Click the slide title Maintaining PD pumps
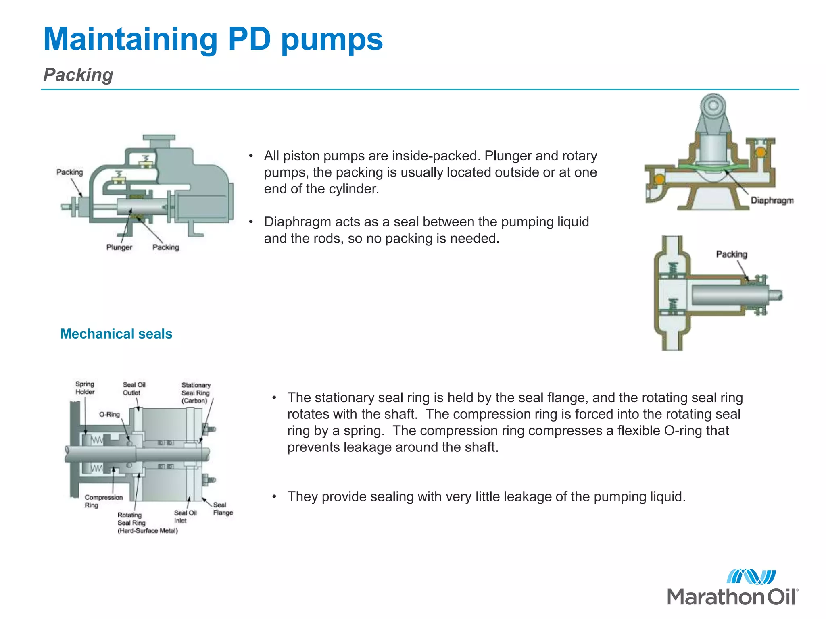213,39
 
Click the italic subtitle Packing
78,75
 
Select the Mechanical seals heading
116,334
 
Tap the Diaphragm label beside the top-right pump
772,200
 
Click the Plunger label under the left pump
119,247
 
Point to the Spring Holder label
85,388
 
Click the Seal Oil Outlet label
134,388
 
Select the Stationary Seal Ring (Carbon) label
196,393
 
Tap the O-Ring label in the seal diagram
109,414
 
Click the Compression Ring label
103,501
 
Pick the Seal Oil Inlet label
185,517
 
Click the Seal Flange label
223,509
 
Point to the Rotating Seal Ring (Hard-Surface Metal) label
147,523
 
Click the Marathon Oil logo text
732,597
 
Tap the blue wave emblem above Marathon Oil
751,577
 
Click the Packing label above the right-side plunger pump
731,254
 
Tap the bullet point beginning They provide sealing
486,496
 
